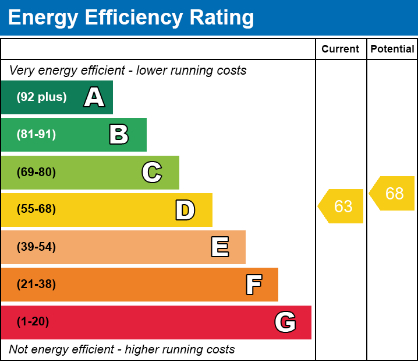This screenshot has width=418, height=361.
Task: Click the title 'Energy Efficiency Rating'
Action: (x=130, y=17)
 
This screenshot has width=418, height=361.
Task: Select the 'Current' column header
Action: (x=341, y=50)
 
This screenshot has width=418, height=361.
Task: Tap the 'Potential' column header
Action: (x=392, y=50)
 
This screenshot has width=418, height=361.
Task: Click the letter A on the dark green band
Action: (x=94, y=97)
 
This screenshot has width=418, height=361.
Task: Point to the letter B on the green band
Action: (x=119, y=135)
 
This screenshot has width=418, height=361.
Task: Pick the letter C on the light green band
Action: (x=152, y=172)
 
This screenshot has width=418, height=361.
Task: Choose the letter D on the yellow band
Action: (x=185, y=210)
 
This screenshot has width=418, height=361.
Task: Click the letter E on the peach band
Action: (x=219, y=247)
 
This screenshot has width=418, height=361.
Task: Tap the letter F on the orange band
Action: (x=253, y=285)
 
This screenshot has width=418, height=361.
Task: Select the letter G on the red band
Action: (x=285, y=322)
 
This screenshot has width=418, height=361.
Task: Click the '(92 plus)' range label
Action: (x=41, y=97)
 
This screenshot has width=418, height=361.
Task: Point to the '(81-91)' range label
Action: (x=36, y=135)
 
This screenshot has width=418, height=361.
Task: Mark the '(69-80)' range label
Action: (x=36, y=172)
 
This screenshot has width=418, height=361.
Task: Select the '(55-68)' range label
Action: (x=36, y=209)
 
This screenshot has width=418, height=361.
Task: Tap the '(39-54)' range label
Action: (x=36, y=247)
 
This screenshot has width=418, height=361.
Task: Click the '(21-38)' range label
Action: (x=36, y=285)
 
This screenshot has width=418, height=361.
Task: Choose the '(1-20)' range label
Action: (x=33, y=322)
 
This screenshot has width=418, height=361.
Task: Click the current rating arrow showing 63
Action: (x=342, y=206)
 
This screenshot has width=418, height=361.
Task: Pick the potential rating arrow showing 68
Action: (x=394, y=193)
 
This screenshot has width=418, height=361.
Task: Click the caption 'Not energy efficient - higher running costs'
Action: (x=122, y=350)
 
